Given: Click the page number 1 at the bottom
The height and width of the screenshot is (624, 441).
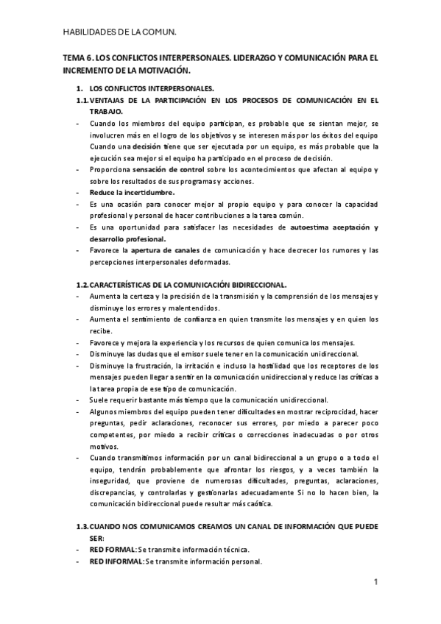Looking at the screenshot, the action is click(x=375, y=584).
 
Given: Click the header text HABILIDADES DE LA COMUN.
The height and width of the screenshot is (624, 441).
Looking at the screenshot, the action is click(x=120, y=32).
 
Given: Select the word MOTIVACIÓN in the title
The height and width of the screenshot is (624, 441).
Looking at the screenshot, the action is click(x=162, y=71).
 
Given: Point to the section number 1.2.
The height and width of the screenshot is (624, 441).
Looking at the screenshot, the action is click(x=82, y=284).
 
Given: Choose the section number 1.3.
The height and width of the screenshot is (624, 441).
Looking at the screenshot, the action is click(x=82, y=527).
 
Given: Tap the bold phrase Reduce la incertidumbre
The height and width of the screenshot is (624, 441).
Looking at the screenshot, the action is click(x=133, y=192).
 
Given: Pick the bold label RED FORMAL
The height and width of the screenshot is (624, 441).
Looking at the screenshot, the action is click(x=113, y=549).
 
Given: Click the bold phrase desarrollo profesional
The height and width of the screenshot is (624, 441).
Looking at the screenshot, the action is click(x=128, y=238).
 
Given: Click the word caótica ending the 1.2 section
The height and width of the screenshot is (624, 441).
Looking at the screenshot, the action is click(x=255, y=503).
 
